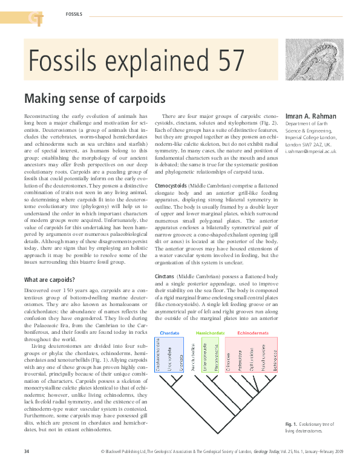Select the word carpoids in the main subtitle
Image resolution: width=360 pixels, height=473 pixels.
tap(140, 97)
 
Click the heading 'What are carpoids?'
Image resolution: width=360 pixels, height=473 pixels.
tap(50, 280)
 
